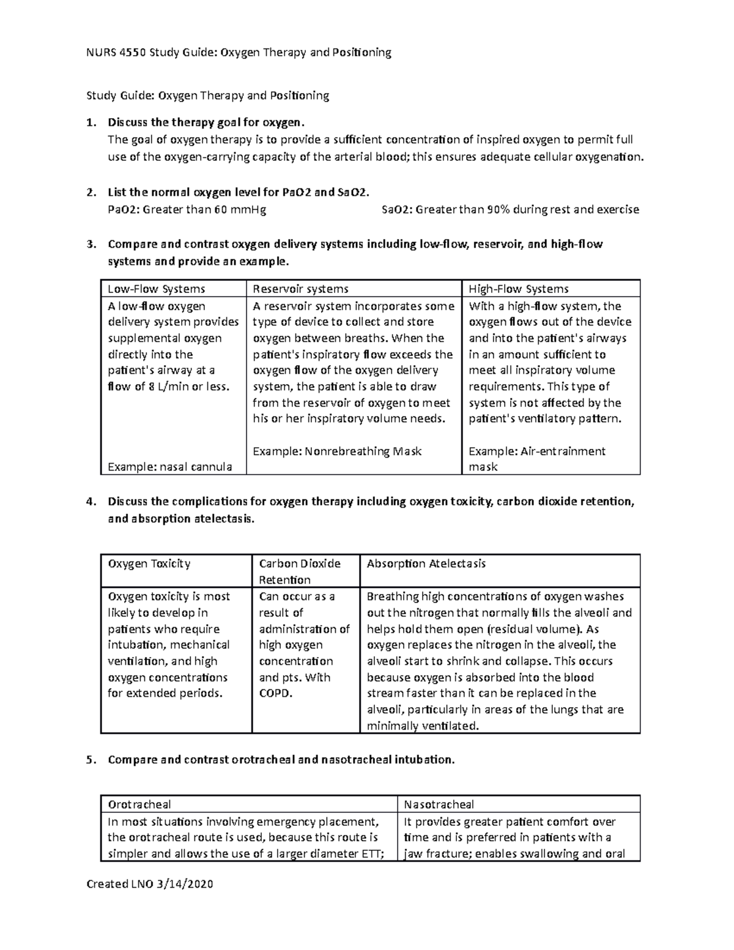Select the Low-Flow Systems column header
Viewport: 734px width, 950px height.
tap(156, 289)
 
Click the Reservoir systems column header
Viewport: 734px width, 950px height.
tap(300, 289)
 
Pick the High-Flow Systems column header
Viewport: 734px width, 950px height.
tap(518, 289)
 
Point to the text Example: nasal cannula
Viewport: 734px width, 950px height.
tap(169, 467)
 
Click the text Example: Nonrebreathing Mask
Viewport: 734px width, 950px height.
tap(337, 451)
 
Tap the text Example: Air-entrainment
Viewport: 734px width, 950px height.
tap(536, 451)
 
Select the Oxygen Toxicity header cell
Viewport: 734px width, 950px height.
tap(149, 563)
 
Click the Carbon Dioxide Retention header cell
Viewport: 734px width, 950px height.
tap(299, 571)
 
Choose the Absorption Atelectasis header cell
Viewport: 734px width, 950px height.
tap(426, 563)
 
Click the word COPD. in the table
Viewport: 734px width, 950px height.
tap(276, 694)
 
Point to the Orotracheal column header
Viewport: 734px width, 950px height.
tap(139, 804)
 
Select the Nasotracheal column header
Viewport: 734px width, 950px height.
tap(439, 804)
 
